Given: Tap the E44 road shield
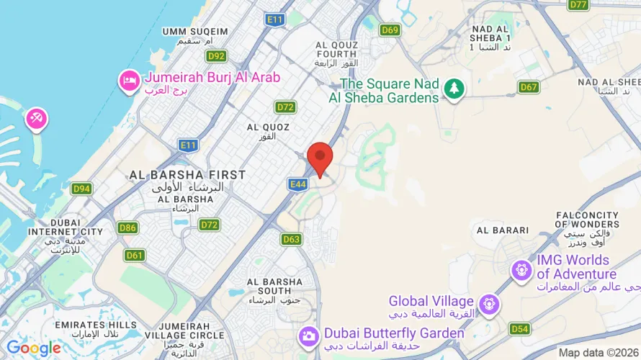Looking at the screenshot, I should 299,185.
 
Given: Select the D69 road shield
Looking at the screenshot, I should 390,30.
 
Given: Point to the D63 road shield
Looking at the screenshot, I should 292,239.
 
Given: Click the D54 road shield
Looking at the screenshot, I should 519,329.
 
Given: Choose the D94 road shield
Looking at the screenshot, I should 81,189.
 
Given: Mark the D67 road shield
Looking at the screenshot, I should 529,87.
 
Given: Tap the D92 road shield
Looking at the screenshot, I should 216,55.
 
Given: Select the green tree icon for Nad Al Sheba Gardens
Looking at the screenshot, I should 454,89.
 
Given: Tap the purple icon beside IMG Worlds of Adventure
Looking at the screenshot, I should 521,271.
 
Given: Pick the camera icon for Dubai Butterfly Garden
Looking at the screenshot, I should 308,335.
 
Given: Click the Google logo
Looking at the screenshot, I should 33,348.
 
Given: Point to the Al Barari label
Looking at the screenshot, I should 503,230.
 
